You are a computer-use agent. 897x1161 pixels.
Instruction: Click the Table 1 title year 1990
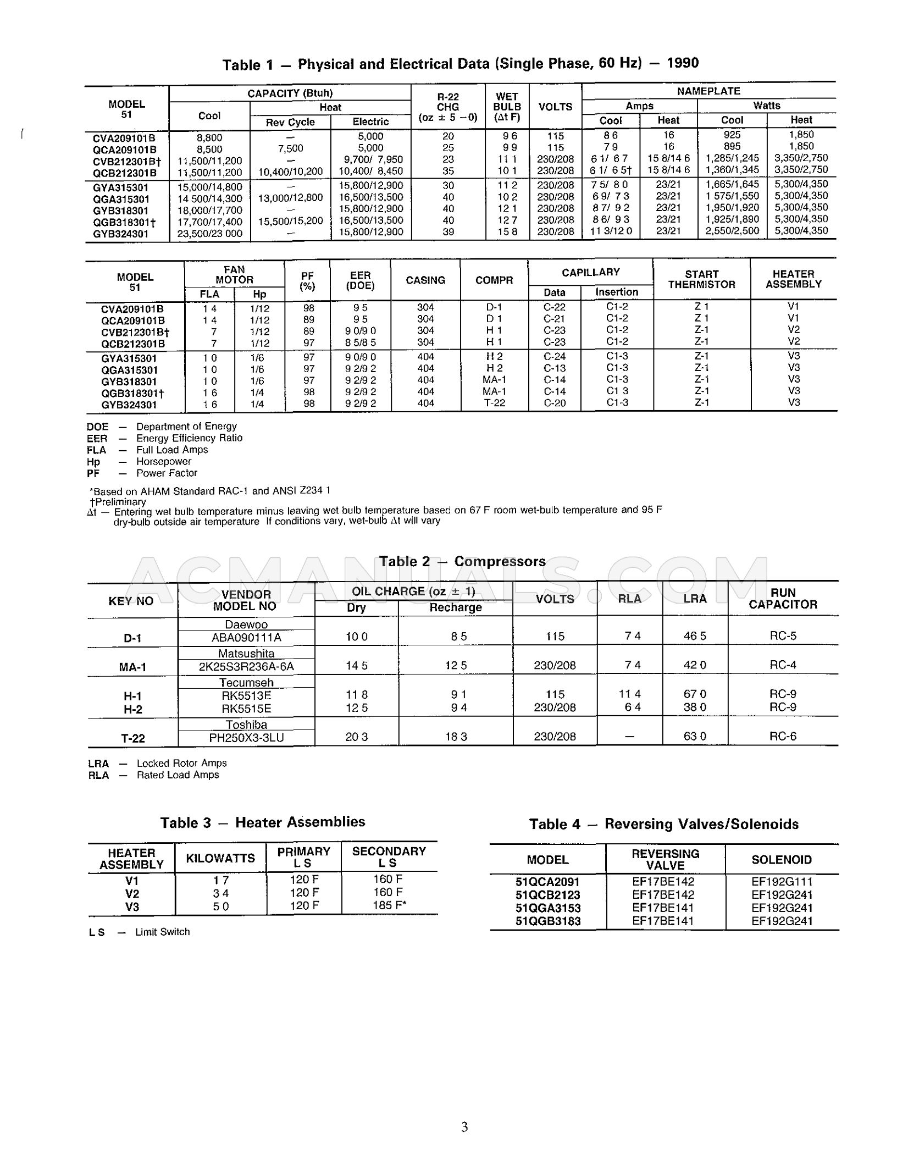(683, 63)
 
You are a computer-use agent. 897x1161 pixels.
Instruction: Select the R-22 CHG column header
(448, 107)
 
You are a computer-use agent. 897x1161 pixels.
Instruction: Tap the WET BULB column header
(507, 107)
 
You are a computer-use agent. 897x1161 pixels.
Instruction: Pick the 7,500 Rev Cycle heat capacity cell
(290, 148)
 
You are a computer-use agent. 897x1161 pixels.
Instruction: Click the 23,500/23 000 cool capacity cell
(209, 233)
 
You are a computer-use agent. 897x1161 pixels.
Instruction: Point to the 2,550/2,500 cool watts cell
(732, 231)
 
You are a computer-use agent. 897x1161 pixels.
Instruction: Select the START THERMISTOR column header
(701, 279)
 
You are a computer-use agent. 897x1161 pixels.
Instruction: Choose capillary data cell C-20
(554, 403)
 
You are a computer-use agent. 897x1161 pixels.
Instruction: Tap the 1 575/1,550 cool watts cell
(732, 196)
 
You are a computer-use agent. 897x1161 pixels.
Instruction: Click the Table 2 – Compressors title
(462, 561)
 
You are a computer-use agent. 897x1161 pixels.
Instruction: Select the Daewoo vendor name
(246, 624)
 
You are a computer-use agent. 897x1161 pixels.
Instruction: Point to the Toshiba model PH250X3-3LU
(246, 737)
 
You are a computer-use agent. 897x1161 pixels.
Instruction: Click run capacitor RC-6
(783, 736)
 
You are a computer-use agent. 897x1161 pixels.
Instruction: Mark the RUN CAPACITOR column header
(783, 599)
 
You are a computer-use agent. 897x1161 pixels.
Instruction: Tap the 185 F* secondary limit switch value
(389, 905)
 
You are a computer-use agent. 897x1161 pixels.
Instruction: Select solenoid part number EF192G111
(782, 882)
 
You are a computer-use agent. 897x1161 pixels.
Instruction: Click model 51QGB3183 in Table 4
(547, 921)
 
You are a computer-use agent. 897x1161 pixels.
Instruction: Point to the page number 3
(464, 1127)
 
